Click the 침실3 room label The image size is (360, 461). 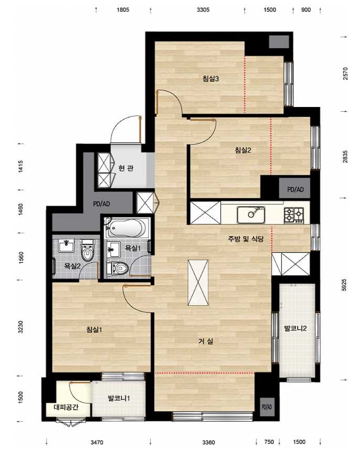click(210, 79)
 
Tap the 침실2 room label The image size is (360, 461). click(243, 150)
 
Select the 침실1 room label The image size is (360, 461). click(94, 329)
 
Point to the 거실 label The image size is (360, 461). click(206, 341)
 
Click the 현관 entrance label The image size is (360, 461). click(126, 168)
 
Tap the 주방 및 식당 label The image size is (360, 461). click(245, 239)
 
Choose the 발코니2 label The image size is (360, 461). click(295, 328)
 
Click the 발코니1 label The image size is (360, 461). click(119, 399)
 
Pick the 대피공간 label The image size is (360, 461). click(66, 408)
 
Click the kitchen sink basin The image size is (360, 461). click(251, 215)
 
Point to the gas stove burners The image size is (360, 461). click(294, 215)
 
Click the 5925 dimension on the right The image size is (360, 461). click(344, 285)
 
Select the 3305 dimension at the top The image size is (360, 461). click(203, 9)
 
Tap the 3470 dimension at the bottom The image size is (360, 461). click(97, 442)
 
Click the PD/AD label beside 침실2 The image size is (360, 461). click(295, 189)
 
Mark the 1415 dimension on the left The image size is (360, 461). click(21, 166)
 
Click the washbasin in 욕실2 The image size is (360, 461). click(66, 246)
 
